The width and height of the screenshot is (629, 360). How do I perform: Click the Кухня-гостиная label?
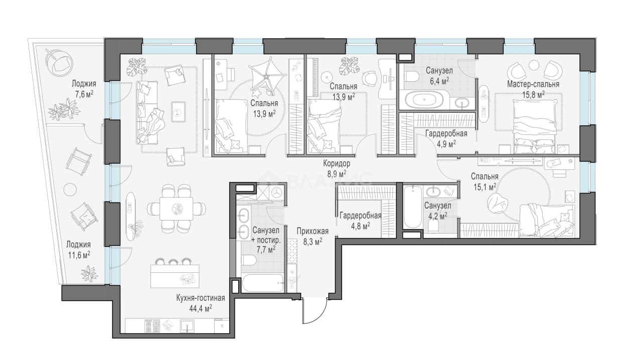(x=201, y=298)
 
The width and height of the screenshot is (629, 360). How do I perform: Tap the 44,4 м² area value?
(x=201, y=309)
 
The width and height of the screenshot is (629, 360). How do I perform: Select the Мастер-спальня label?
(x=533, y=84)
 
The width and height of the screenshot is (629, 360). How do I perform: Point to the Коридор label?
(x=337, y=163)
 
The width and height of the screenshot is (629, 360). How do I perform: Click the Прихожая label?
(x=312, y=232)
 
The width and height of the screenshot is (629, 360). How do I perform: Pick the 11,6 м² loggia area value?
(x=78, y=255)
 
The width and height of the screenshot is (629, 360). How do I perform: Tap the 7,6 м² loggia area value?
(x=84, y=94)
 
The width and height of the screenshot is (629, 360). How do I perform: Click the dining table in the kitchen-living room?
(x=177, y=209)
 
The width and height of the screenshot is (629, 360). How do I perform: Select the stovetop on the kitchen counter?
(x=152, y=326)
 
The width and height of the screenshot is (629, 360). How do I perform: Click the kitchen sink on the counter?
(x=187, y=326)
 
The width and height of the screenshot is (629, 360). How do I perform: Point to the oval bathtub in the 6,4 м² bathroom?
(x=424, y=100)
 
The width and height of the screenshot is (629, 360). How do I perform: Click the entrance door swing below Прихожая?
(x=316, y=312)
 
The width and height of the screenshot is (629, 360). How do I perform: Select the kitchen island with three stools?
(x=175, y=276)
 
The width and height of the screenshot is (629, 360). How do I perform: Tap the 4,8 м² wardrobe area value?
(x=360, y=226)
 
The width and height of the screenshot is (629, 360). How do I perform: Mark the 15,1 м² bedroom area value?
(x=485, y=187)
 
